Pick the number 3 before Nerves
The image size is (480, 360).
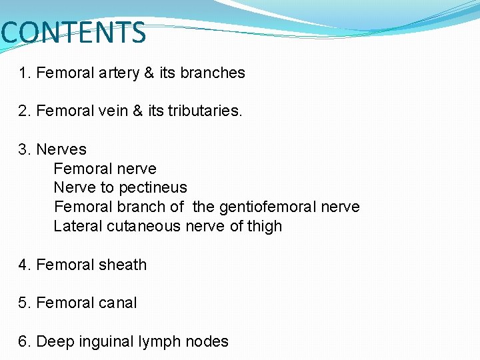point(23,149)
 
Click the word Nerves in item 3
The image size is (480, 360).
point(61,149)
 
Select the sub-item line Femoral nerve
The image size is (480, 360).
point(105,169)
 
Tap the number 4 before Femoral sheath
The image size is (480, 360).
point(23,265)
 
